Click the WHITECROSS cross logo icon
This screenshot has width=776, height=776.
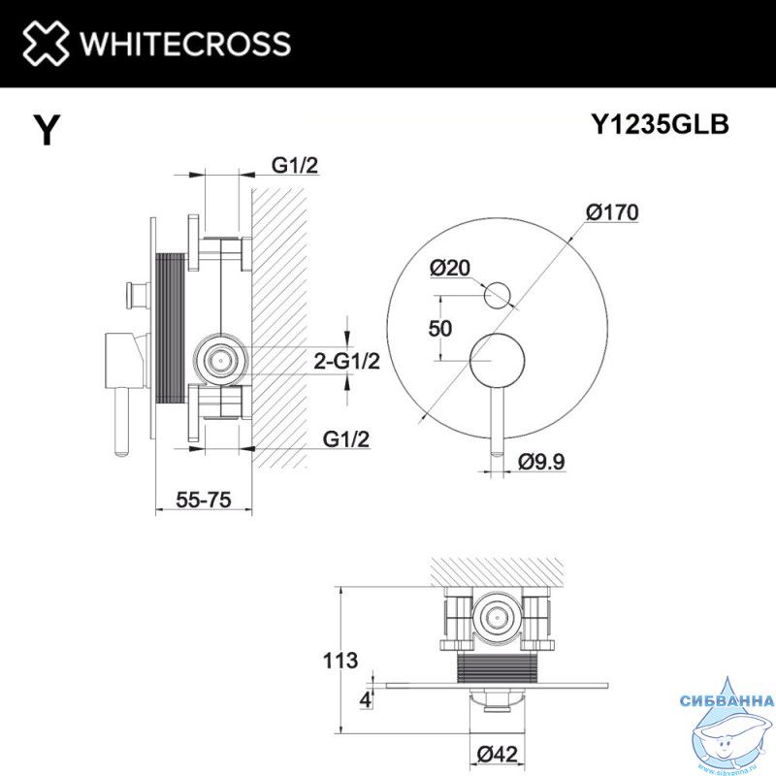pos(46,43)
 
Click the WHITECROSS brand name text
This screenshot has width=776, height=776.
pos(185,44)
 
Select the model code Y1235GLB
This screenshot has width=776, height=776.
pos(661,124)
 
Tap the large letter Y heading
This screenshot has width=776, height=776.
pos(47,130)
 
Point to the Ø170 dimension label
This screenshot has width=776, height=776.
pos(612,212)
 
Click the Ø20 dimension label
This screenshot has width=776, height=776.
pos(450,269)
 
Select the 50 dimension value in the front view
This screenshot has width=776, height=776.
pos(440,329)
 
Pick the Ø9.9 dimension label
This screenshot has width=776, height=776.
pos(541,463)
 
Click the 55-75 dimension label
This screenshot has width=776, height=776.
pos(204,500)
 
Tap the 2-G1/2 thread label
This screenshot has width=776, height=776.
pos(347,361)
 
